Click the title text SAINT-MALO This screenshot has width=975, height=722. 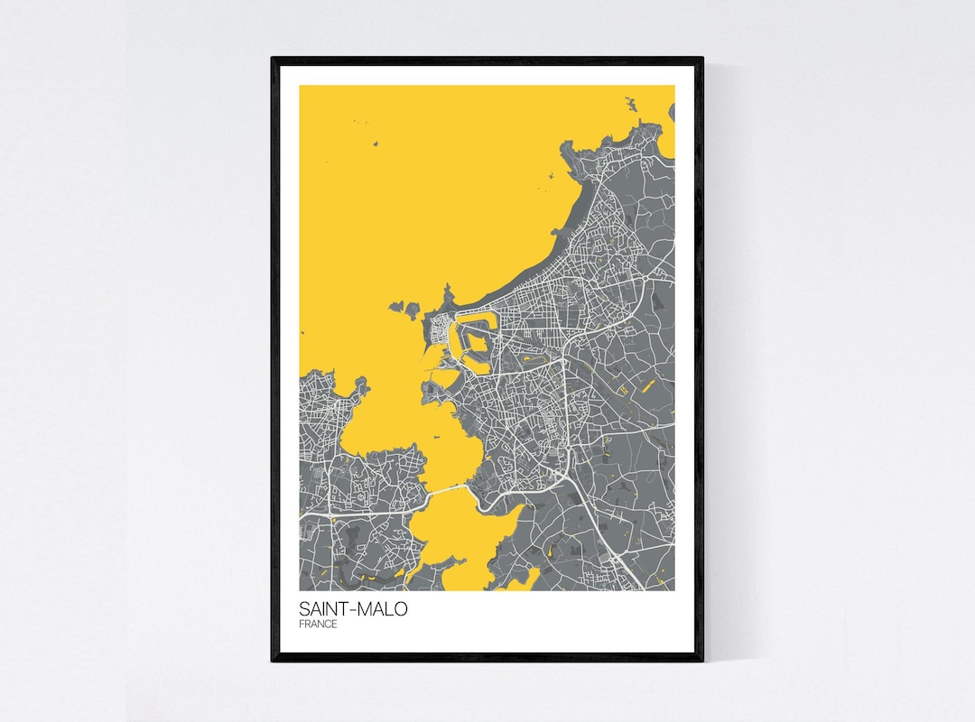coord(352,609)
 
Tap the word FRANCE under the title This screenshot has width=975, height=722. coord(318,625)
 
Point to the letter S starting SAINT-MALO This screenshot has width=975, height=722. coord(303,609)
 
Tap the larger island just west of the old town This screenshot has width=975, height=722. coord(404,310)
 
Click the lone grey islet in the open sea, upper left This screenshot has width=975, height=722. coord(374,143)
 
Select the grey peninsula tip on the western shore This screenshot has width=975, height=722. coord(361,388)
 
